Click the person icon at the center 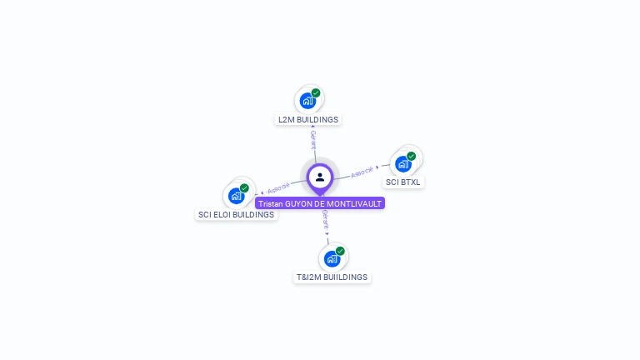pyautogui.click(x=320, y=177)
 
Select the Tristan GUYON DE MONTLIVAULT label pyautogui.click(x=320, y=203)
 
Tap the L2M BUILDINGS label pyautogui.click(x=308, y=119)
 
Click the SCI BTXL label pyautogui.click(x=403, y=182)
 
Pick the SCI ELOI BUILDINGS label pyautogui.click(x=236, y=214)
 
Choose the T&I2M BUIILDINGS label pyautogui.click(x=332, y=277)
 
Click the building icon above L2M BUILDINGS pyautogui.click(x=307, y=101)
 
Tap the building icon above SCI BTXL pyautogui.click(x=403, y=164)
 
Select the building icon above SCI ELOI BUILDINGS pyautogui.click(x=236, y=196)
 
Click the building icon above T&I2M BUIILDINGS pyautogui.click(x=332, y=258)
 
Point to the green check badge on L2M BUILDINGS pyautogui.click(x=316, y=93)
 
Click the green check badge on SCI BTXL pyautogui.click(x=411, y=156)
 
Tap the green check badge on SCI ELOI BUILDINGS pyautogui.click(x=244, y=188)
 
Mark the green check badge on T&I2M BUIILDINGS pyautogui.click(x=340, y=251)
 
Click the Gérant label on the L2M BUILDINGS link pyautogui.click(x=313, y=139)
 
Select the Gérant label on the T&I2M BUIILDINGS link pyautogui.click(x=325, y=220)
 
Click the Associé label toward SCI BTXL pyautogui.click(x=362, y=172)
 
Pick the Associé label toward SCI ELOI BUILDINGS pyautogui.click(x=278, y=187)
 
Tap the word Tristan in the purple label pyautogui.click(x=271, y=203)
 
